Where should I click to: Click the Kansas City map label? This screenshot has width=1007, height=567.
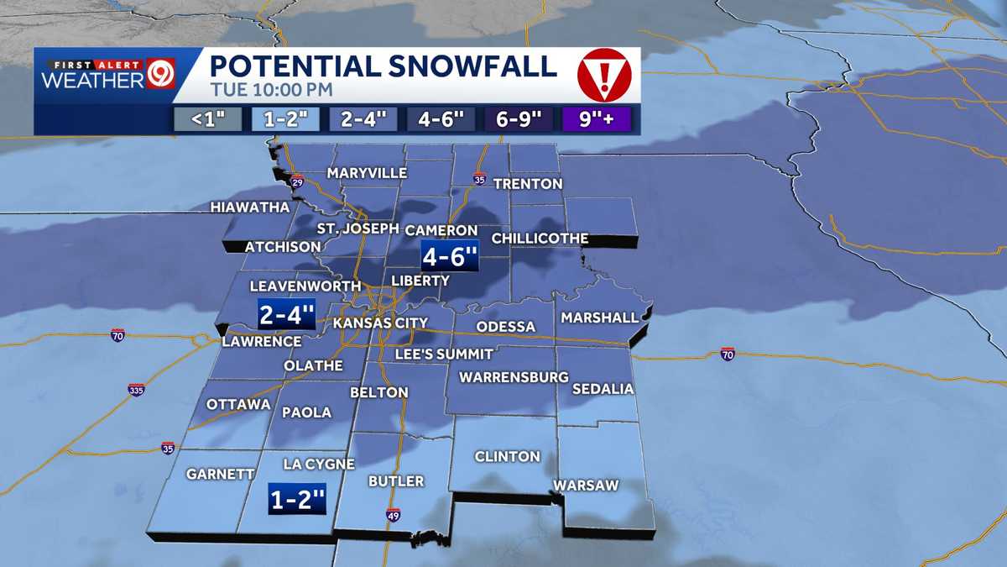380,323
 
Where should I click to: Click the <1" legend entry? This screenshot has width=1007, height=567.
205,119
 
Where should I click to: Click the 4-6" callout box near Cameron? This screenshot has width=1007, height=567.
450,256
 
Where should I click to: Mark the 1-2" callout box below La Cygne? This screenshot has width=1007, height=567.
296,499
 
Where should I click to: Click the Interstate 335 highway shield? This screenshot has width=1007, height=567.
136,390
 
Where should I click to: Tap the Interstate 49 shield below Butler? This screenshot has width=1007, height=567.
394,515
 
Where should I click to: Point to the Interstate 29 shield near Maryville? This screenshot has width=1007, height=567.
297,181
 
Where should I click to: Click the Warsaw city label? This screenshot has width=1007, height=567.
585,486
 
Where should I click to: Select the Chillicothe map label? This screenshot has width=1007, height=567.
540,239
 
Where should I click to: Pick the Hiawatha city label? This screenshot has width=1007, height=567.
250,207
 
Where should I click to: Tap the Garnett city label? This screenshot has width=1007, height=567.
220,475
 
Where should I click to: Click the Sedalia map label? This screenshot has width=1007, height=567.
603,390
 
